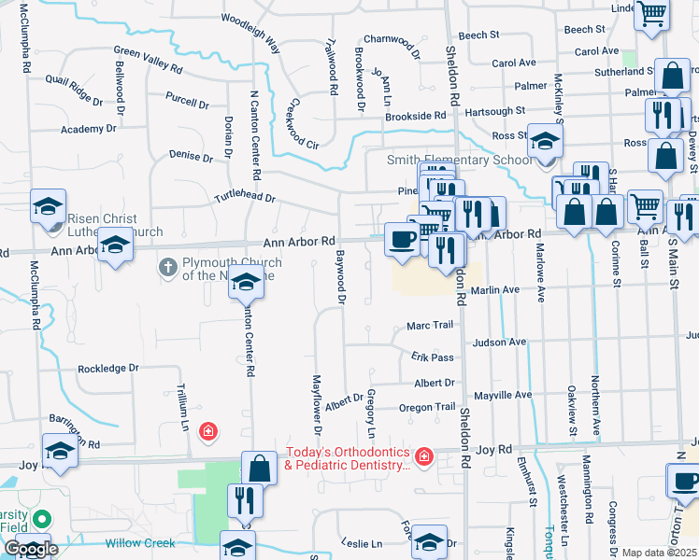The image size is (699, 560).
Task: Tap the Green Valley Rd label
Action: [148, 61]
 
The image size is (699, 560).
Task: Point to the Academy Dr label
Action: [94, 129]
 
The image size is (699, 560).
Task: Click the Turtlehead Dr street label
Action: [245, 198]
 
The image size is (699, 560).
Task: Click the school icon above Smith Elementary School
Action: [545, 141]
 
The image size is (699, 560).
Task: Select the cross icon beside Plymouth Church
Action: [168, 269]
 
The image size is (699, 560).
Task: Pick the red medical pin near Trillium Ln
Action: [208, 431]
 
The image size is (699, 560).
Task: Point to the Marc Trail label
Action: [429, 325]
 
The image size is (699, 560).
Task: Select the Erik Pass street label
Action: [432, 357]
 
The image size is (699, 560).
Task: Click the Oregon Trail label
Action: [427, 408]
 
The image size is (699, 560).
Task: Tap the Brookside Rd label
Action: [416, 115]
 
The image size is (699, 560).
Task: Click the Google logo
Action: [31, 550]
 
